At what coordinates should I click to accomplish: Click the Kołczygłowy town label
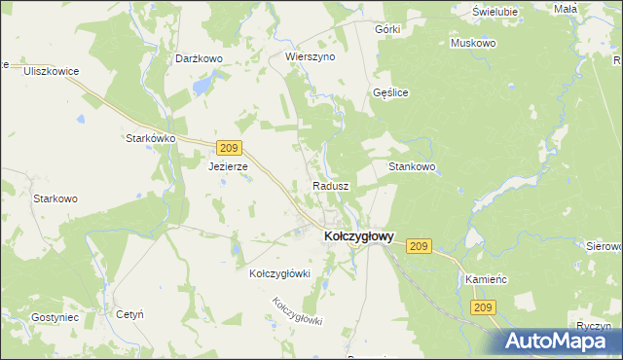pos(357,235)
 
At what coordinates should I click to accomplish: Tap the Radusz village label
pos(330,185)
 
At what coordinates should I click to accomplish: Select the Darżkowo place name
pos(200,58)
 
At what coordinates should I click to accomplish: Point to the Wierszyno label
pos(310,57)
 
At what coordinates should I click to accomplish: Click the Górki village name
pos(387,29)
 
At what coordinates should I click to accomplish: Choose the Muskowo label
pos(473,44)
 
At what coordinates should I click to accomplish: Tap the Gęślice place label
pos(390,92)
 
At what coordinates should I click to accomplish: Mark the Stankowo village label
pos(412,167)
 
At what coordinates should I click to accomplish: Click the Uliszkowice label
pos(51,71)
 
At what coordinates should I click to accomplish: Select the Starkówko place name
pos(150,138)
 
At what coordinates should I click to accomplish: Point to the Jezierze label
pos(229,166)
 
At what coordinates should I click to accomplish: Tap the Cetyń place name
pos(130,315)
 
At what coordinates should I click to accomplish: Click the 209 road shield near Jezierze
pos(229,148)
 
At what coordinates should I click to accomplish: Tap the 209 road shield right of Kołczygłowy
pos(420,246)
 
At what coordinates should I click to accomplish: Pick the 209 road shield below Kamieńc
pos(484,307)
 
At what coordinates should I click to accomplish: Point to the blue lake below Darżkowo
pos(201,86)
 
